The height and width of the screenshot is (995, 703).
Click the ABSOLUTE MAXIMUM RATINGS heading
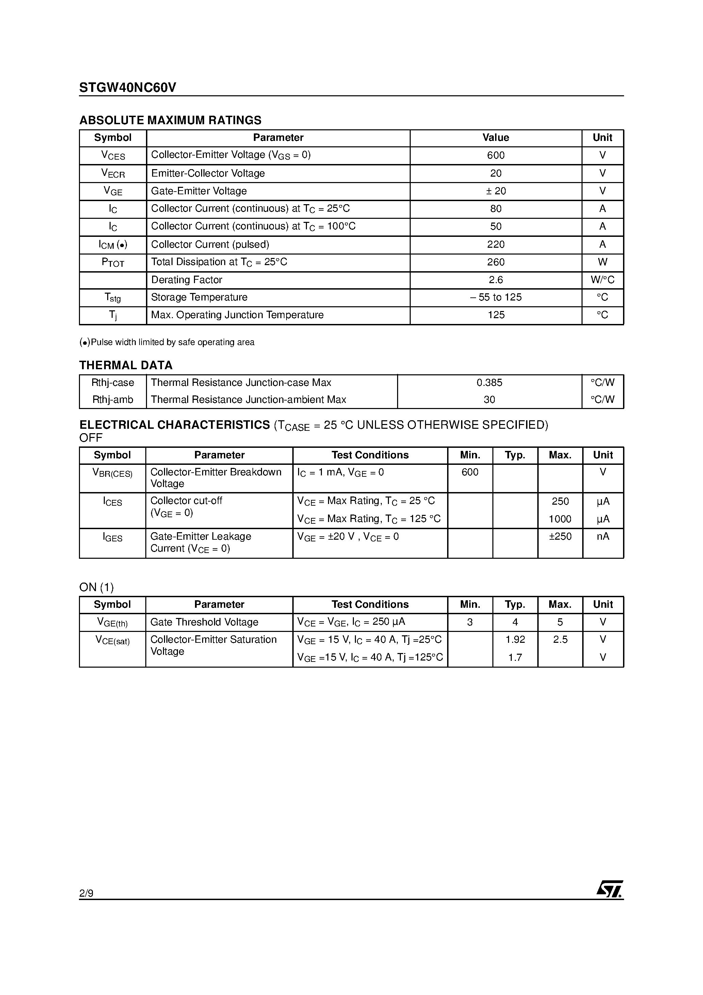click(170, 120)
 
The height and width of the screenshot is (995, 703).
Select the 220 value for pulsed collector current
click(495, 244)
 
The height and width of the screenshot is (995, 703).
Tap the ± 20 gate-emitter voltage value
click(495, 191)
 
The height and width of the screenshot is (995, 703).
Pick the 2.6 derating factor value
click(495, 280)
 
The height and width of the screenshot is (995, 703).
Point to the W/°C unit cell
click(602, 280)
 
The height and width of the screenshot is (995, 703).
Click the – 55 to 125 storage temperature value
click(495, 297)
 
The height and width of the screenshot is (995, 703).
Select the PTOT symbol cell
click(113, 263)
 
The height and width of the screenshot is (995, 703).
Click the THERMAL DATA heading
click(126, 365)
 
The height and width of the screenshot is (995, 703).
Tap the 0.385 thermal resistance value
click(489, 383)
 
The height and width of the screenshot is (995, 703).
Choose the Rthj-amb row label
click(113, 399)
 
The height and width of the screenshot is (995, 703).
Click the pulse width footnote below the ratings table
click(167, 342)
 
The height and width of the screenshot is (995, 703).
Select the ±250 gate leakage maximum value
click(560, 537)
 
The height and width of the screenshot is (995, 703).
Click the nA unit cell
click(602, 537)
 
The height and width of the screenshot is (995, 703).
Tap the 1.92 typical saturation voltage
click(515, 640)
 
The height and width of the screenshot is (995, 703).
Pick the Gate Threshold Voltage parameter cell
click(204, 622)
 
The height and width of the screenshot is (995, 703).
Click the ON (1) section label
click(96, 587)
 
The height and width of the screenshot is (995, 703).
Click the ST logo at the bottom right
click(609, 889)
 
